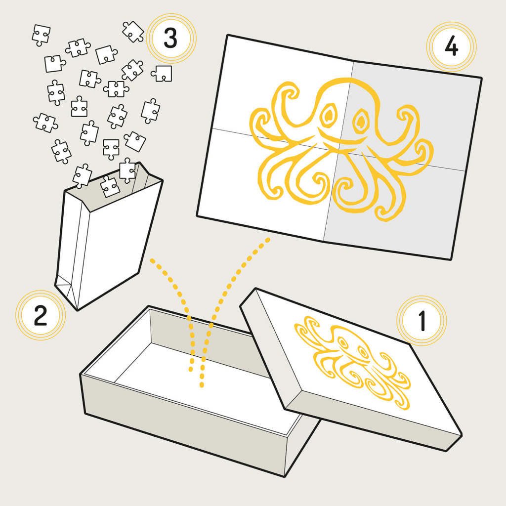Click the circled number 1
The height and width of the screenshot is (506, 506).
click(x=422, y=321)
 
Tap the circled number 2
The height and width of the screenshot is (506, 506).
click(x=41, y=315)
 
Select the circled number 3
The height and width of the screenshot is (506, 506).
click(x=171, y=39)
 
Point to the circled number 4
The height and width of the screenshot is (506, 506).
click(x=451, y=47)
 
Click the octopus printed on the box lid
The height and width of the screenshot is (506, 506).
click(x=352, y=361)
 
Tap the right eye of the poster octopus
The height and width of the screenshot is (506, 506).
click(x=360, y=122)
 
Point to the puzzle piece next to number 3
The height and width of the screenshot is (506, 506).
click(x=133, y=32)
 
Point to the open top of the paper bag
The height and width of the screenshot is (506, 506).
click(x=113, y=187)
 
